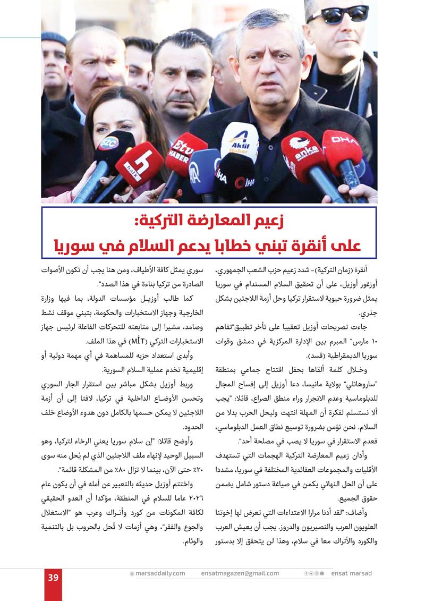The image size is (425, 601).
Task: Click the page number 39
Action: point(53,578)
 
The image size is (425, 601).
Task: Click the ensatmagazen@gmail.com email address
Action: point(240,573)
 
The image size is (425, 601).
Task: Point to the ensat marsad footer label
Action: point(351,573)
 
